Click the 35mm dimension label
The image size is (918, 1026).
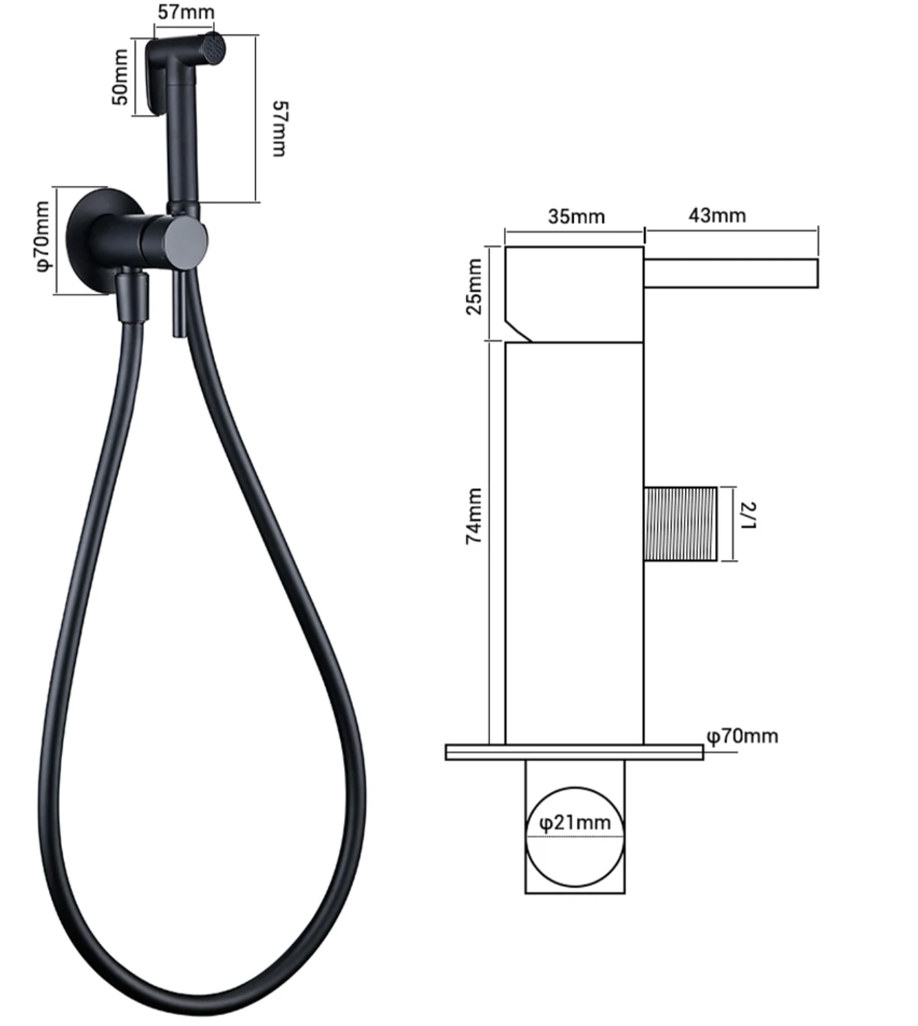pos(576,216)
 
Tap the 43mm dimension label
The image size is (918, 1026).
pos(717,216)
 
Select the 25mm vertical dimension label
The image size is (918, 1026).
pos(474,287)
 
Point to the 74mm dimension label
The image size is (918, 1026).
pos(474,516)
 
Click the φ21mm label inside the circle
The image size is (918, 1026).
pos(575,823)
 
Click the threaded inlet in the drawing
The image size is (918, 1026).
pos(681,523)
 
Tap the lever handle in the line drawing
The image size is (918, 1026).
pos(730,273)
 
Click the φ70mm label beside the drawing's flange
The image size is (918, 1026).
pos(743,736)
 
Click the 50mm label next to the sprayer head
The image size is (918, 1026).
pos(120,77)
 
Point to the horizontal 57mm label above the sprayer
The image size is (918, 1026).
pos(186,12)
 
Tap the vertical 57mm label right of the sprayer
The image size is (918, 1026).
pos(279,129)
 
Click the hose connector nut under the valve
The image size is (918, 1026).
pos(133,295)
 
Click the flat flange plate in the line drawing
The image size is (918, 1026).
pos(574,752)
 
